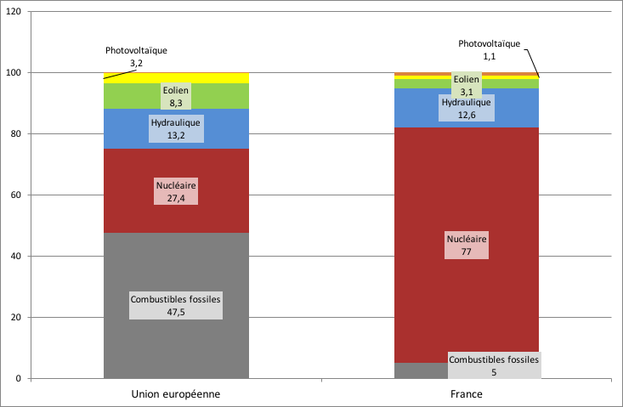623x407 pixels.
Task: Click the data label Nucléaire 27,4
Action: point(176,191)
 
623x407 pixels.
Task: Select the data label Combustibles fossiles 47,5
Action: point(176,305)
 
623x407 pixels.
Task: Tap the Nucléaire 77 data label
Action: point(467,246)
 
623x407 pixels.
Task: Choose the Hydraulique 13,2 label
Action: point(176,128)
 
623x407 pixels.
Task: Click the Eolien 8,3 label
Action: point(176,95)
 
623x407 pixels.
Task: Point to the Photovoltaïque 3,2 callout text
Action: point(136,56)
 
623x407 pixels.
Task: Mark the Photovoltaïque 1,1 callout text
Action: point(489,49)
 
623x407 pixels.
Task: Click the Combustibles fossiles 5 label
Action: point(494,365)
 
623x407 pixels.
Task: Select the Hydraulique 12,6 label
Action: point(467,107)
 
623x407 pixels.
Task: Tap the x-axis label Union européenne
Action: point(176,395)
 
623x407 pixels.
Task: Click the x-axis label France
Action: point(467,395)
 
